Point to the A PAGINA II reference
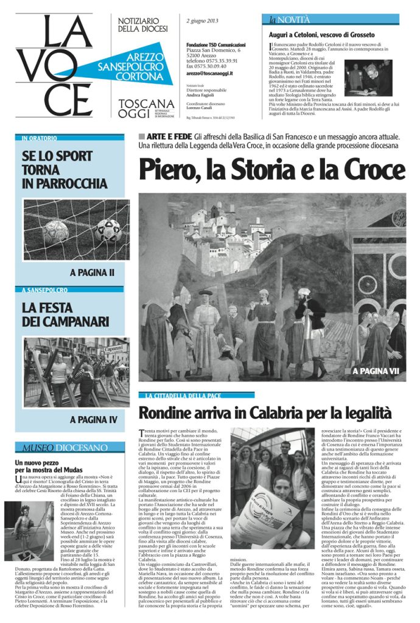tap(92, 273)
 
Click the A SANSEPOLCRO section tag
tap(44, 290)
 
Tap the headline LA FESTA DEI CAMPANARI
tap(65, 314)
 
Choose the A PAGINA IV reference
tap(93, 419)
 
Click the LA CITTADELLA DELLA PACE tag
tap(181, 395)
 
